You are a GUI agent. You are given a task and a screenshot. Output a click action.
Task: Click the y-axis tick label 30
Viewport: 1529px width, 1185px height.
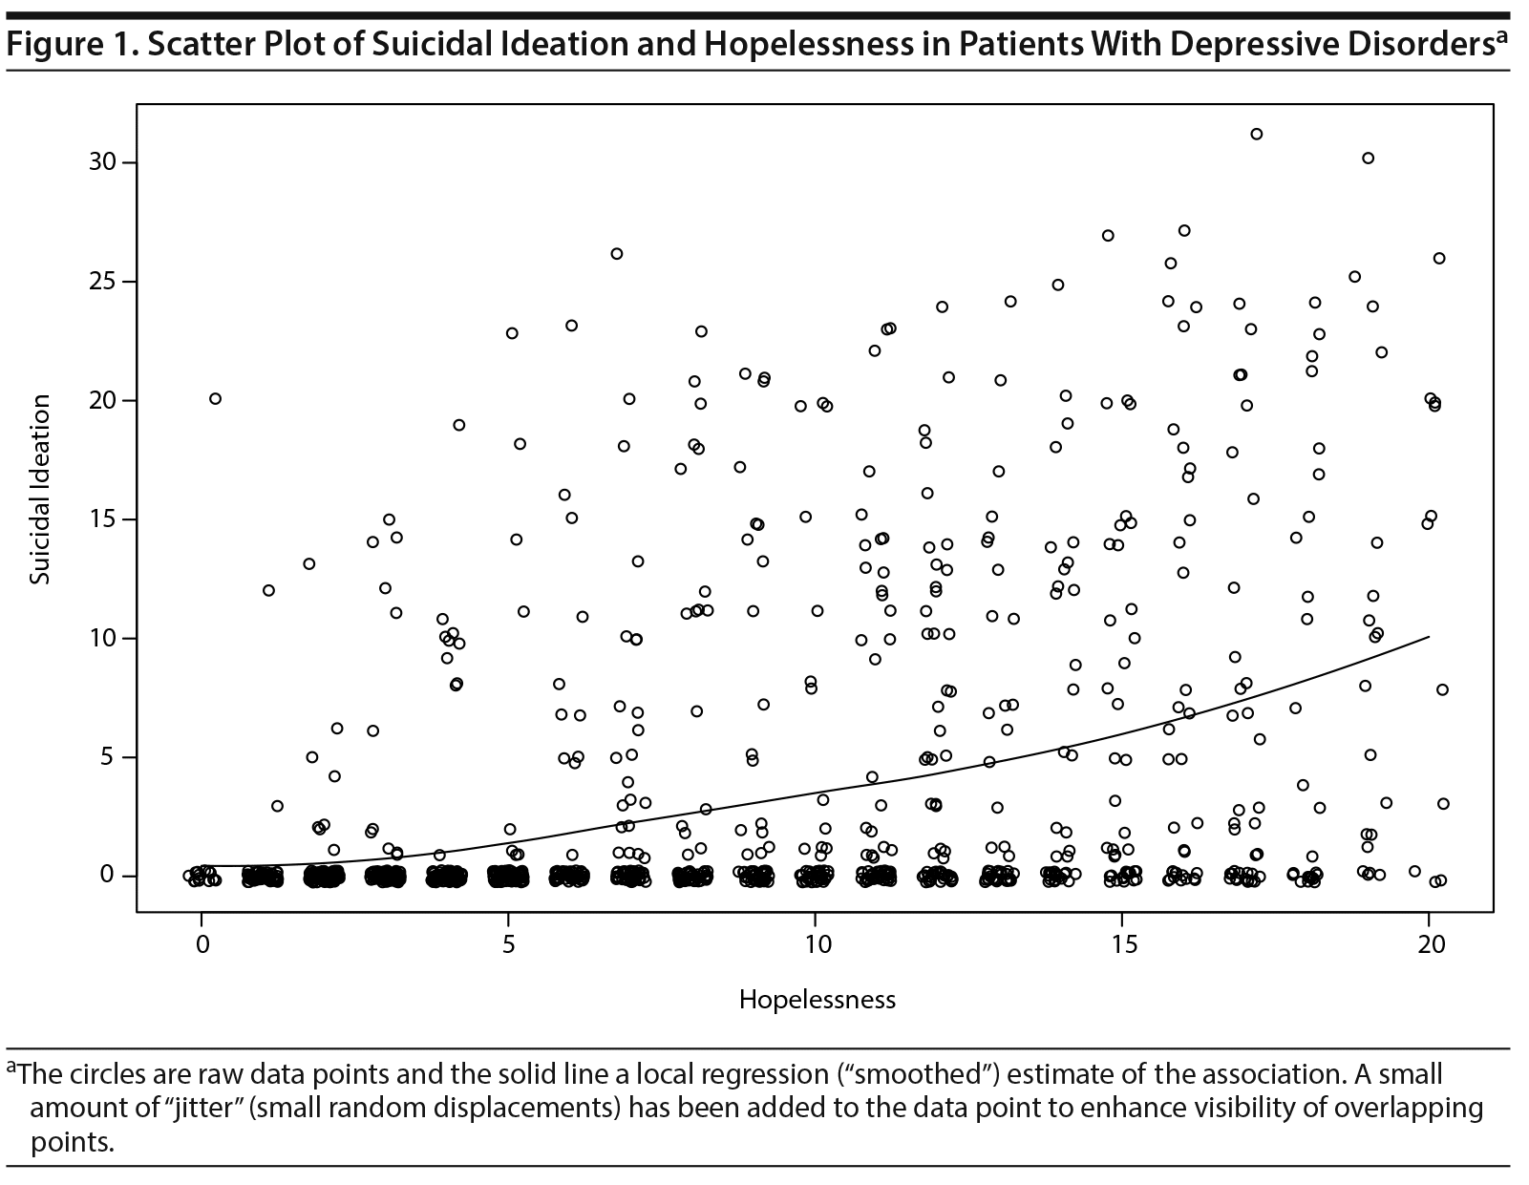click(x=103, y=162)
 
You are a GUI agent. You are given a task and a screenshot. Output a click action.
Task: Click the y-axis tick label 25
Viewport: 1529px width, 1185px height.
click(x=103, y=282)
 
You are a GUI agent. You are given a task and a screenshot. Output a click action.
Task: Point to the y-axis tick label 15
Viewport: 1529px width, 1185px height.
click(x=103, y=519)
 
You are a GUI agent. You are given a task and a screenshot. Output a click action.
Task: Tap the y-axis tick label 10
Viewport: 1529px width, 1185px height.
click(x=103, y=638)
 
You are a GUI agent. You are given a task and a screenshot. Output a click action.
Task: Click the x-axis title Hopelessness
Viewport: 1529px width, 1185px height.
click(x=817, y=1000)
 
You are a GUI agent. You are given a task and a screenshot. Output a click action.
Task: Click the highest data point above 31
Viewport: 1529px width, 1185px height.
click(x=1257, y=134)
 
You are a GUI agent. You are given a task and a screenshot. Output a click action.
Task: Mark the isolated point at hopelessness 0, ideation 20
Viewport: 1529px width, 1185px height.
click(x=215, y=399)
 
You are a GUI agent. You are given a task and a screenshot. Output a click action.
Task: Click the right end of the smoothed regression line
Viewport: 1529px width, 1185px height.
click(x=1429, y=636)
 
